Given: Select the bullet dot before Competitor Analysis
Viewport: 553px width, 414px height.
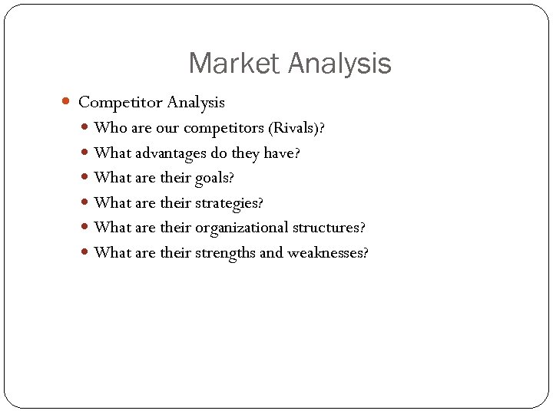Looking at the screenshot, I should [x=67, y=101].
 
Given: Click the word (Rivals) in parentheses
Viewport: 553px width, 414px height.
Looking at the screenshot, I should [x=293, y=128].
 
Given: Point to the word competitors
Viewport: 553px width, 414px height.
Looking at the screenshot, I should [x=227, y=128].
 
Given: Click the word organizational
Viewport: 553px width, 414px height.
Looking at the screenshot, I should [x=242, y=228].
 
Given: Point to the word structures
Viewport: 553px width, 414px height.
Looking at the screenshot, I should [x=326, y=228].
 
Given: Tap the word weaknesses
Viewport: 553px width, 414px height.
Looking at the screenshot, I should [x=324, y=253].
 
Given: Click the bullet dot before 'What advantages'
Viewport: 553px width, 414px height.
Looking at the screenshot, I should [x=86, y=153].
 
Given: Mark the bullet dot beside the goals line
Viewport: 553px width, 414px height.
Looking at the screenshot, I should [x=86, y=178].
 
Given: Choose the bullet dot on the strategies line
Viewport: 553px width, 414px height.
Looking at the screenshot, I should [x=86, y=203].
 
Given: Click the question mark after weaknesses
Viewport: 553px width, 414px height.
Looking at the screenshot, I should [x=365, y=253].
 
